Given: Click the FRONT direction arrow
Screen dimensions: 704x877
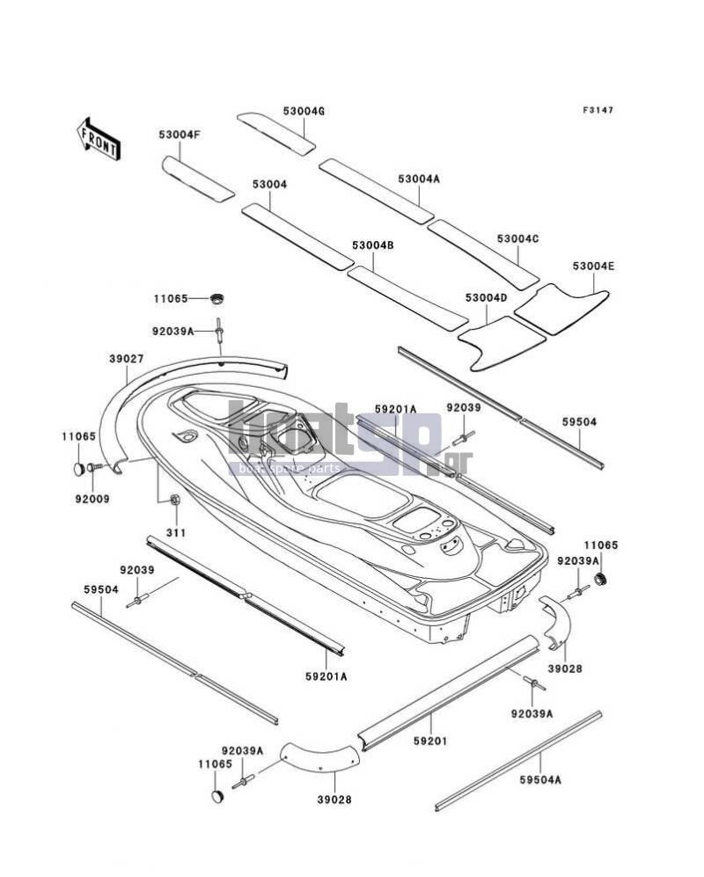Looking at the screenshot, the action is (x=98, y=139).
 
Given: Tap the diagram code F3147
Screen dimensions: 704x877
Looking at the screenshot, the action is (x=598, y=110).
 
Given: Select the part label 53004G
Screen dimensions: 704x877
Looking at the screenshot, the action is (x=304, y=112).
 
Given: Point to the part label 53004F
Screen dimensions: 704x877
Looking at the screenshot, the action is (x=179, y=135).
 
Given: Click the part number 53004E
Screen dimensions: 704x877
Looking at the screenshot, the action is (x=593, y=267).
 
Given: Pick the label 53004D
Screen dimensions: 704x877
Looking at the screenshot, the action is (x=487, y=298).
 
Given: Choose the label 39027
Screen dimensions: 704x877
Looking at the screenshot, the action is (x=127, y=359).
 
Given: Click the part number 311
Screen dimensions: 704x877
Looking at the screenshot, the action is (x=176, y=533).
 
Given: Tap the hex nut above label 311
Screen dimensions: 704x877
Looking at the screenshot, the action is (x=174, y=500).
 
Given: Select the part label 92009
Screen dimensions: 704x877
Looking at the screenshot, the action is (x=92, y=499).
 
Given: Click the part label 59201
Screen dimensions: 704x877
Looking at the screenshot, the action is (x=430, y=741).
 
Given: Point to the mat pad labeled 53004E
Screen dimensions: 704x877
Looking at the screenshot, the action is (x=561, y=310).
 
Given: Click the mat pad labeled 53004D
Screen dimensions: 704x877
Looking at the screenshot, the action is (x=502, y=343).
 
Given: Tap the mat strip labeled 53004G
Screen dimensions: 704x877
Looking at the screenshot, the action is (x=276, y=134).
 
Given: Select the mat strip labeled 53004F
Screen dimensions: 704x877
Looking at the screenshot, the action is (x=198, y=179).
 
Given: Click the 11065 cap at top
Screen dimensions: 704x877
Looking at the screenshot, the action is (x=216, y=299).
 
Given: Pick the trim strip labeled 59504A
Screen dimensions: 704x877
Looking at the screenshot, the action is (x=518, y=761).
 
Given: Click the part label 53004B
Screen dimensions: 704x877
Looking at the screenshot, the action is (x=373, y=245).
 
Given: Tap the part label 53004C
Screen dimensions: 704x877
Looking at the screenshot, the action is (x=518, y=239).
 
